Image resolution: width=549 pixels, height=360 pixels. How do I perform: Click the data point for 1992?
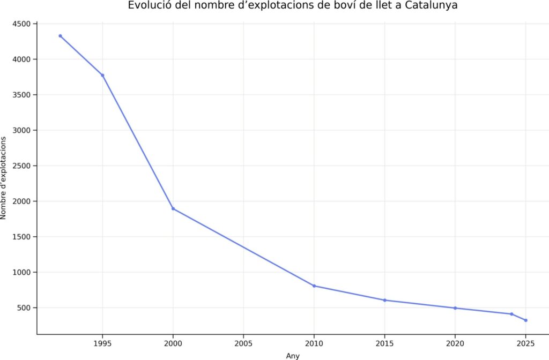tap(60, 36)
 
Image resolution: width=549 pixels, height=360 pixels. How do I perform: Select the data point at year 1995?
tap(102, 75)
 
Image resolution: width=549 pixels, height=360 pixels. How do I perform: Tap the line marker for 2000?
tap(173, 208)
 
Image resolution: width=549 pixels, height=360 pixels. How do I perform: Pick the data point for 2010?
tap(314, 286)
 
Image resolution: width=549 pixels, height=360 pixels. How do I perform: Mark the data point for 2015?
tap(385, 300)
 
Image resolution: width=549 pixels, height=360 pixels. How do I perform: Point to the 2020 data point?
tap(455, 308)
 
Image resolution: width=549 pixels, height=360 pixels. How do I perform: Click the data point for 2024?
tap(512, 314)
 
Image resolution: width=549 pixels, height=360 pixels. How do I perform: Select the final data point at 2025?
tap(526, 320)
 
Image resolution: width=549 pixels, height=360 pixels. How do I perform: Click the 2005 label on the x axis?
tap(243, 343)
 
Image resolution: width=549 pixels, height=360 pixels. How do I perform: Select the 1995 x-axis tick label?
tap(102, 343)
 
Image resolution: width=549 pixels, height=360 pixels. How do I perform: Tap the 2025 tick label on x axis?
tap(526, 343)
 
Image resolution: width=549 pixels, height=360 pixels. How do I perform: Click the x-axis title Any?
tap(293, 356)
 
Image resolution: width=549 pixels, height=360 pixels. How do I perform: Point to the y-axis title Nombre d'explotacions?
tap(4, 178)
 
